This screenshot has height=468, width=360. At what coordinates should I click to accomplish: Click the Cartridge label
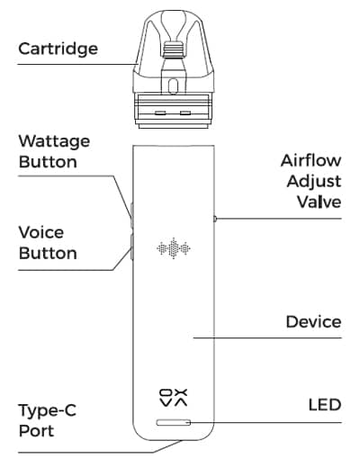(x=58, y=49)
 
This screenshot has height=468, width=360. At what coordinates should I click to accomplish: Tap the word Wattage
(x=54, y=141)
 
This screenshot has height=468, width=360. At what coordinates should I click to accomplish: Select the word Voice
(x=41, y=232)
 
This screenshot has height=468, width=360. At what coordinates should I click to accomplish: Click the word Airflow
(x=311, y=160)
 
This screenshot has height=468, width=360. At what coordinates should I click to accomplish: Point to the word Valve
(x=319, y=202)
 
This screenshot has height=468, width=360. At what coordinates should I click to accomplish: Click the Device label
(x=313, y=321)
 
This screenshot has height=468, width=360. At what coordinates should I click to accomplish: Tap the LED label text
(x=325, y=405)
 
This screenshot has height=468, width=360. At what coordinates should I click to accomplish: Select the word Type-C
(x=48, y=411)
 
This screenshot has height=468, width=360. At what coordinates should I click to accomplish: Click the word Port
(x=36, y=431)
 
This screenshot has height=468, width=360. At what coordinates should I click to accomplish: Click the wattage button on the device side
(x=131, y=214)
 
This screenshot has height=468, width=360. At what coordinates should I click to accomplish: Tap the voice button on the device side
(x=131, y=247)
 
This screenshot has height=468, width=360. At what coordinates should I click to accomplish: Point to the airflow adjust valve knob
(x=215, y=219)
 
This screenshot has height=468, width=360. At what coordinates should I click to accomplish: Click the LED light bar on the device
(x=174, y=422)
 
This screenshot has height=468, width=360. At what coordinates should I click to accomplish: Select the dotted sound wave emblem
(x=174, y=248)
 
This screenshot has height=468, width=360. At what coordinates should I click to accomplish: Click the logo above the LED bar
(x=174, y=398)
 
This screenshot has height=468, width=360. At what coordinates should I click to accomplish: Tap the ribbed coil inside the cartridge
(x=174, y=49)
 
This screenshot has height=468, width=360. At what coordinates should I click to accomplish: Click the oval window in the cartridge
(x=173, y=86)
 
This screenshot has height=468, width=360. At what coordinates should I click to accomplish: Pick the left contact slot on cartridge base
(x=161, y=113)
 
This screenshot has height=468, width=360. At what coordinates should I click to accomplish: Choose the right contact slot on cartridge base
(x=185, y=113)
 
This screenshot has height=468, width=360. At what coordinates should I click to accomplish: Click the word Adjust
(x=314, y=182)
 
